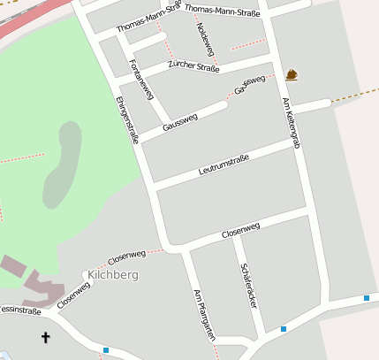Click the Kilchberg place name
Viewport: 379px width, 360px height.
coord(113,275)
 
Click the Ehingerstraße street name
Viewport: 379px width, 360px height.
coord(126,120)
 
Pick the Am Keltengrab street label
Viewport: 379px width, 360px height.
coord(291,122)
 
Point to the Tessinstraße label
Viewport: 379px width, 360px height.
coord(19,311)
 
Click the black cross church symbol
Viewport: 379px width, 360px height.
coord(46,336)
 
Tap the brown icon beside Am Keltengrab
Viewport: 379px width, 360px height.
coord(292,74)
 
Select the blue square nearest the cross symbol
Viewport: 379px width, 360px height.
coord(105,350)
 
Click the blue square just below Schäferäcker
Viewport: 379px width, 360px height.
coord(284,329)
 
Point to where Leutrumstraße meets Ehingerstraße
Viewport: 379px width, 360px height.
coord(153,188)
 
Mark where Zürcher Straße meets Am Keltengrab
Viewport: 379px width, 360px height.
coord(276,62)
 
